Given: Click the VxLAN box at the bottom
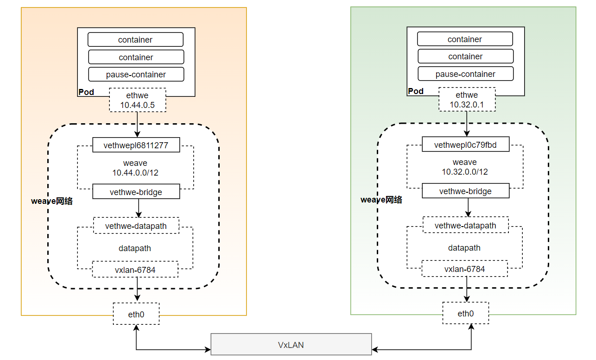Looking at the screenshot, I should (291, 344).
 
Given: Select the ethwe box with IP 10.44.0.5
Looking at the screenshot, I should (137, 100).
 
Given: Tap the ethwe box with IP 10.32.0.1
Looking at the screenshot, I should (467, 100).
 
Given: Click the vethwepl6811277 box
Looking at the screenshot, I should (136, 145).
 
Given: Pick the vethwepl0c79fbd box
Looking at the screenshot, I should (465, 145).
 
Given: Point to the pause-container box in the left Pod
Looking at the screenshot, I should (136, 74).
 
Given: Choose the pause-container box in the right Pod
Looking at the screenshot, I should (465, 74).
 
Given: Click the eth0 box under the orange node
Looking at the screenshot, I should (136, 314).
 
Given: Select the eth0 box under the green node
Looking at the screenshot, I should (465, 314).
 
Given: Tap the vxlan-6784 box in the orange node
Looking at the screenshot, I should (135, 270).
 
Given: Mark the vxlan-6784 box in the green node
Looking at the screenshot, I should (464, 269).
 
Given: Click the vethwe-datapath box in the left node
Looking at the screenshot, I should (136, 226).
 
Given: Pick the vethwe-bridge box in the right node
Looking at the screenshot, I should (465, 191).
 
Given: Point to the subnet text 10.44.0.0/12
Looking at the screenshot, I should (135, 172).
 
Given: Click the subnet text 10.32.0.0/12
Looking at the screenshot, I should (465, 172).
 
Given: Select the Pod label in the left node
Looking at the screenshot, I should (86, 92).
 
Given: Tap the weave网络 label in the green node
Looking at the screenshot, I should (381, 200).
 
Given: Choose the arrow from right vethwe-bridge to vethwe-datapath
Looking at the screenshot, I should (468, 207).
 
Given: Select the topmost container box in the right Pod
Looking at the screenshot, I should (465, 39).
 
